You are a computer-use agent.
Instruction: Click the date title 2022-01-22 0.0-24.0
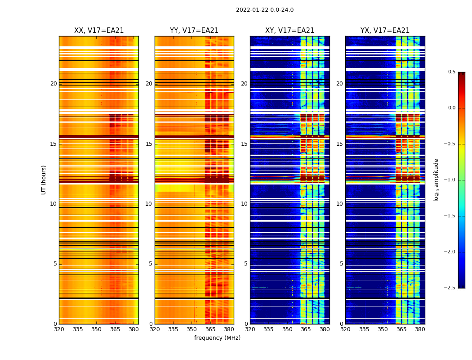(264, 10)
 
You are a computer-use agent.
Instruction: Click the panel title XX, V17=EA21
(99, 31)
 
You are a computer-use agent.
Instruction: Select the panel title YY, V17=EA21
(194, 31)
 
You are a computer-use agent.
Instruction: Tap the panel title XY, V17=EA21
(289, 31)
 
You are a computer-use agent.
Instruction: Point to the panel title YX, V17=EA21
(385, 31)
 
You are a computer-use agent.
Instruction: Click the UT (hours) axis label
(44, 180)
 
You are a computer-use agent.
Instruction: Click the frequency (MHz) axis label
(217, 338)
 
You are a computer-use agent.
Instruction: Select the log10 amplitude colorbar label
(436, 180)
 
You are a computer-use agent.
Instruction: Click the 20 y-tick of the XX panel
(53, 84)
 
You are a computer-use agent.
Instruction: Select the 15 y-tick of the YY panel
(149, 144)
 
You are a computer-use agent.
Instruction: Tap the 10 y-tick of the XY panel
(244, 204)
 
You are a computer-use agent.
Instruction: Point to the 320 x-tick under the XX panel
(59, 329)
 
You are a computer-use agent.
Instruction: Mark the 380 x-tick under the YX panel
(420, 329)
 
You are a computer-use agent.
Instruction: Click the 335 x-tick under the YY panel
(173, 329)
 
